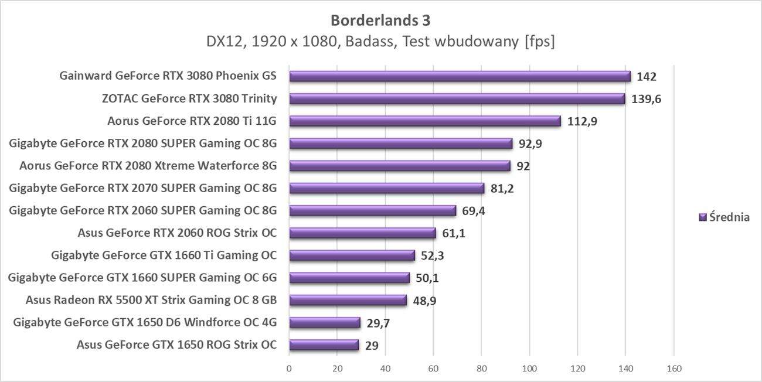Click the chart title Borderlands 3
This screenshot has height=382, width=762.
[380, 21]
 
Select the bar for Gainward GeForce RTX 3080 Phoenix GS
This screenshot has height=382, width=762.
[460, 76]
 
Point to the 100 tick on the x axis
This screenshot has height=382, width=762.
[529, 369]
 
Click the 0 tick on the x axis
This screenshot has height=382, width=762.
[289, 369]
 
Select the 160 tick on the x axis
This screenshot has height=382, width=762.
[673, 369]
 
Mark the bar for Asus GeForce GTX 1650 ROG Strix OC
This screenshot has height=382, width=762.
[324, 345]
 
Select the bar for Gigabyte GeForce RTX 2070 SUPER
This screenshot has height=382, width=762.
[387, 188]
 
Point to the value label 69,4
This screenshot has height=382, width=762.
[473, 211]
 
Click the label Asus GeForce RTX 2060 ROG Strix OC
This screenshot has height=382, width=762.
[176, 233]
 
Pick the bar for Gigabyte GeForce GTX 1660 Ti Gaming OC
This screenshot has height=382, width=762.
[352, 255]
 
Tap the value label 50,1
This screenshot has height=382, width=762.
[427, 278]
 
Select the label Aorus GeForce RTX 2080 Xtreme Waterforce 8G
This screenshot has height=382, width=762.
[148, 166]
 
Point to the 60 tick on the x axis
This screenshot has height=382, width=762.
[433, 369]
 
